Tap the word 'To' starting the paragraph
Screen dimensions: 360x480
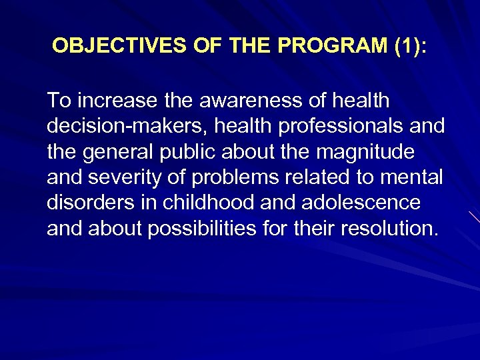pos(57,101)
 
